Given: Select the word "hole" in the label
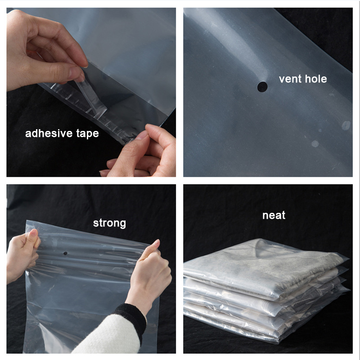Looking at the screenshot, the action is (316, 79).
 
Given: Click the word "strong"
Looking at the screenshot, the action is (109, 223).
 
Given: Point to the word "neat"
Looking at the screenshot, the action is (274, 216).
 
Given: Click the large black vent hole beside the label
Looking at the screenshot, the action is (262, 87).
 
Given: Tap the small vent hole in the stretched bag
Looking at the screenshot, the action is (65, 253).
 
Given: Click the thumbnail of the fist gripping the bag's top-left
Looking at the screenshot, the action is (34, 233).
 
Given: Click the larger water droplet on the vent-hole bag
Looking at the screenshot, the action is (346, 126).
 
